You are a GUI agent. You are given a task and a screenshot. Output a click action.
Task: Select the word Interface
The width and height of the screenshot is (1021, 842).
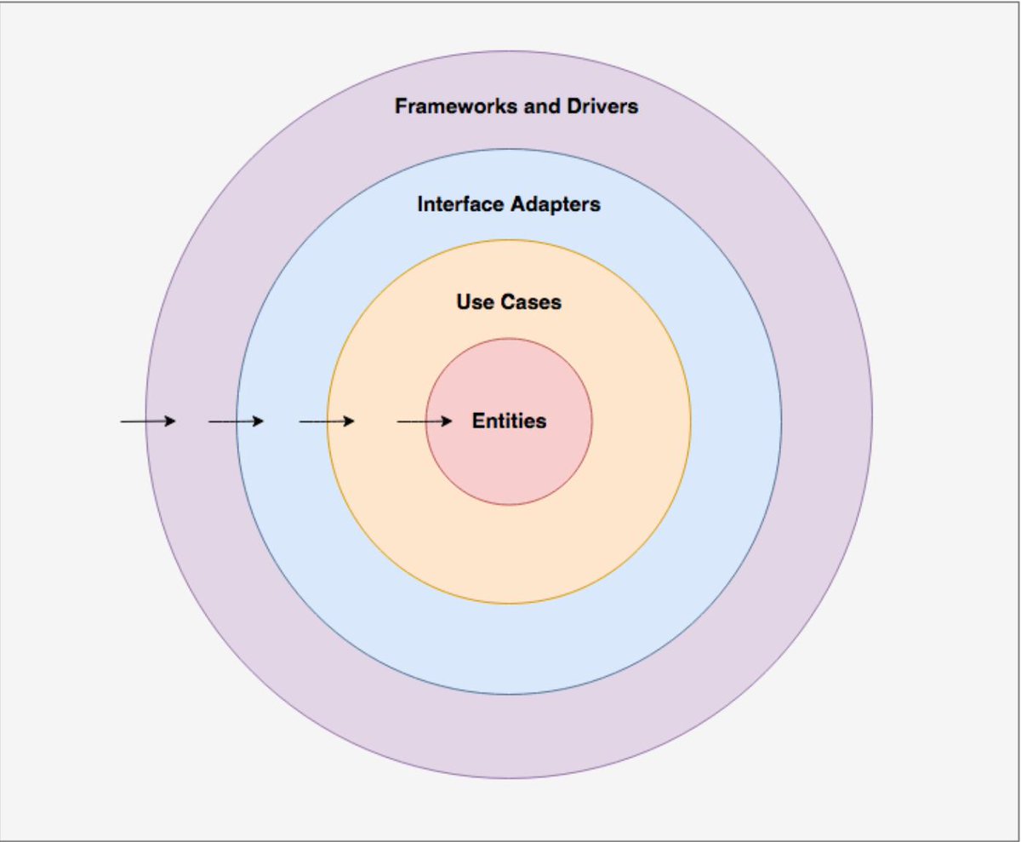459,205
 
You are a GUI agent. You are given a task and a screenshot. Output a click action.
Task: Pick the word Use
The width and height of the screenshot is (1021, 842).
473,302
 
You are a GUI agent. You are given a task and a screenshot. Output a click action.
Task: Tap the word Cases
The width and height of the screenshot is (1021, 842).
530,302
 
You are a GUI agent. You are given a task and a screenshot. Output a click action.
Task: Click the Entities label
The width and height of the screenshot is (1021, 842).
509,421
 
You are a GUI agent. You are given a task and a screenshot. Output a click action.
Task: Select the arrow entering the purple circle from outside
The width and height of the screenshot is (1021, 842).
148,421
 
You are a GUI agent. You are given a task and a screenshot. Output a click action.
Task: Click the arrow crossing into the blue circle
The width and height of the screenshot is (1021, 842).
237,421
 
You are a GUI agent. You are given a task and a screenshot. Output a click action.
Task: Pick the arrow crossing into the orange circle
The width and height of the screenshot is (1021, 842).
327,421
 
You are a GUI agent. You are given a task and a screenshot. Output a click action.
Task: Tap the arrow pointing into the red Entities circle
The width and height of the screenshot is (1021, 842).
425,421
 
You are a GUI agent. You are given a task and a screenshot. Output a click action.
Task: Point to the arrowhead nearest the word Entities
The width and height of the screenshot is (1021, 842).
448,421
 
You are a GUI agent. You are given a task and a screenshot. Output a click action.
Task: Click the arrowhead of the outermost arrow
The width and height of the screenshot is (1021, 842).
171,421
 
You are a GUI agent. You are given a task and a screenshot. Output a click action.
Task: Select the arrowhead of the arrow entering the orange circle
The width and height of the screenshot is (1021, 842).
349,421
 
